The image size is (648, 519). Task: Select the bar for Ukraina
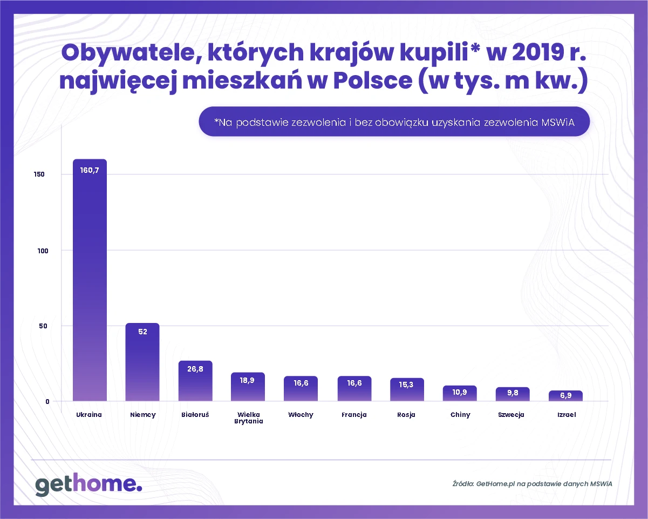[90, 281]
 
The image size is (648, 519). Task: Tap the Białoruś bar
[195, 381]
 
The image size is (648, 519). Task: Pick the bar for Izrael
[565, 396]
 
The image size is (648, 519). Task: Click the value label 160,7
[90, 170]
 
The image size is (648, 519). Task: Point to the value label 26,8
[195, 370]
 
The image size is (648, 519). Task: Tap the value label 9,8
[513, 393]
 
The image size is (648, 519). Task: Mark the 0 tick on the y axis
[47, 401]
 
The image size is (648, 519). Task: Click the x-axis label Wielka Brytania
[249, 418]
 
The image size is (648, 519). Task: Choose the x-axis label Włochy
[301, 415]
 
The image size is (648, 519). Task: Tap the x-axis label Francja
[354, 415]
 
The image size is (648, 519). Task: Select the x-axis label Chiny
[460, 415]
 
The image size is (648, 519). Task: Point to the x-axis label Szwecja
[511, 415]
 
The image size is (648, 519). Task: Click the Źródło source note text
[532, 483]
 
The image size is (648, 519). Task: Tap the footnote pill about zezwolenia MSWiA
[394, 123]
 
